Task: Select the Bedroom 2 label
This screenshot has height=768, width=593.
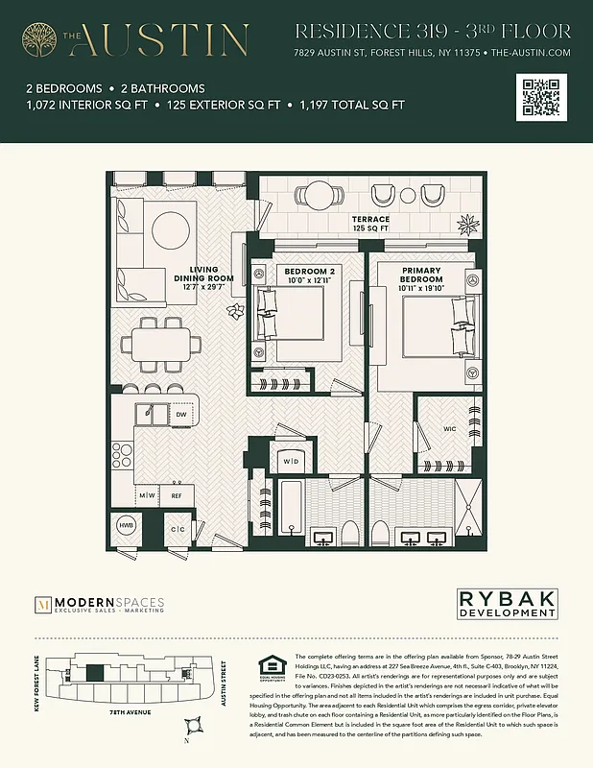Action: pos(310,276)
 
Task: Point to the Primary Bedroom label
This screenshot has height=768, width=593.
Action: pos(422,279)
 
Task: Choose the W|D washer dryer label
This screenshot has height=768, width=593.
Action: pos(289,462)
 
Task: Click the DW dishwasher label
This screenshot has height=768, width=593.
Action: pos(180,415)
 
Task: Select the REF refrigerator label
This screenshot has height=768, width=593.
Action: pos(176,496)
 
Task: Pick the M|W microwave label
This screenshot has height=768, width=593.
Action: pos(147,496)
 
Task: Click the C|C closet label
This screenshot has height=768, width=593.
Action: pos(178,529)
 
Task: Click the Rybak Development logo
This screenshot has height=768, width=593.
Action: pos(506,604)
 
